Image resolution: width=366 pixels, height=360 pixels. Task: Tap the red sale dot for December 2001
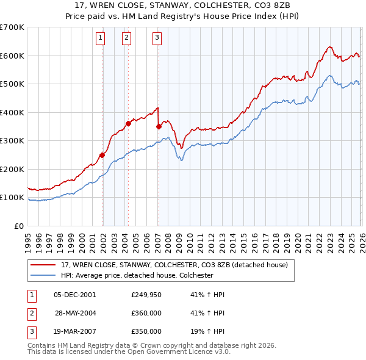point(102,155)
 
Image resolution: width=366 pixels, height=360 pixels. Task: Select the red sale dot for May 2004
point(128,124)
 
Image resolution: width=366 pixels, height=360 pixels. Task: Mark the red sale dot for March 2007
point(159,127)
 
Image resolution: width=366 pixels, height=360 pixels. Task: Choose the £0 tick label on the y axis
point(18,226)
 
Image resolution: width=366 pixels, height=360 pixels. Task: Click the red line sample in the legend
point(43,265)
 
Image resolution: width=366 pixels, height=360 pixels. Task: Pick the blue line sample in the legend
point(43,275)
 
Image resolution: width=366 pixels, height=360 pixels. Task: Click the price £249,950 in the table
point(146,295)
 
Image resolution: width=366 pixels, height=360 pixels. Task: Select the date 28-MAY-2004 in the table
point(74,313)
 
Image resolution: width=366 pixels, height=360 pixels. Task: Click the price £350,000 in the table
point(146,331)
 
